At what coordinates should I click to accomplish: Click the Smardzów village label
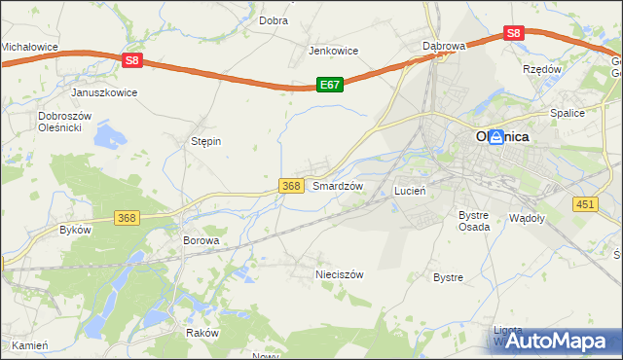point(337,185)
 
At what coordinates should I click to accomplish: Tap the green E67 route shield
point(329,86)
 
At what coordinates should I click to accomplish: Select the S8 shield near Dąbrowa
point(514,32)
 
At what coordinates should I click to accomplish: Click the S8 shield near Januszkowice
point(133,60)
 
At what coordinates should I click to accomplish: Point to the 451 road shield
point(584,202)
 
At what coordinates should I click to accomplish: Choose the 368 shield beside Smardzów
point(290,185)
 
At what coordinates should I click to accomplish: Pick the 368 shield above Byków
point(127,218)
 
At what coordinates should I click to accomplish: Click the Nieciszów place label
point(339,274)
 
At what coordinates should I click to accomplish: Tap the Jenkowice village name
point(334,51)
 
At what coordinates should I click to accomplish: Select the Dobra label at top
point(273,19)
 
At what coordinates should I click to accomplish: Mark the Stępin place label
point(205,141)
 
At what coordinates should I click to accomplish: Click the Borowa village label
point(202,239)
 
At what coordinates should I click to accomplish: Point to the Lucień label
point(410,192)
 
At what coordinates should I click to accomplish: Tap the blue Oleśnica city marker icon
point(495,137)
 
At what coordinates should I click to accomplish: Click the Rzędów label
point(542,70)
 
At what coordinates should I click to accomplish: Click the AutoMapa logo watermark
point(557,341)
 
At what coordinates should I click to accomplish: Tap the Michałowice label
point(29,47)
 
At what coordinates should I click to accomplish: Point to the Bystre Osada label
point(473,220)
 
